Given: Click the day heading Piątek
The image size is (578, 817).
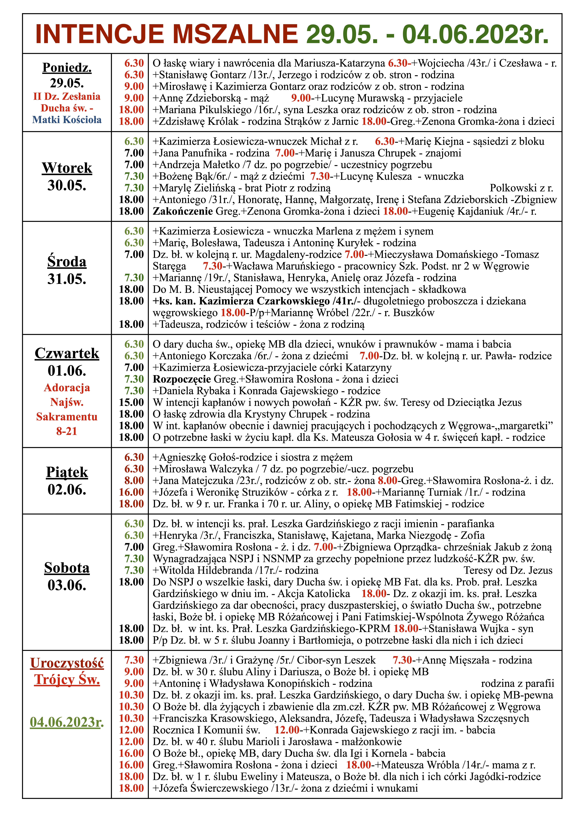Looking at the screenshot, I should [x=67, y=472].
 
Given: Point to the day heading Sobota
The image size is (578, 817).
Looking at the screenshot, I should [x=67, y=568].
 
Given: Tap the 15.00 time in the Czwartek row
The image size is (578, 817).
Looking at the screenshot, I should [x=131, y=402].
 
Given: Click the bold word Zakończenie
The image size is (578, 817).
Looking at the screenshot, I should [x=183, y=211].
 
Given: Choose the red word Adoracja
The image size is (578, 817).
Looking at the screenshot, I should [x=67, y=388].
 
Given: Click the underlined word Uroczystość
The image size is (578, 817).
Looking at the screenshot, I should [x=67, y=663].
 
